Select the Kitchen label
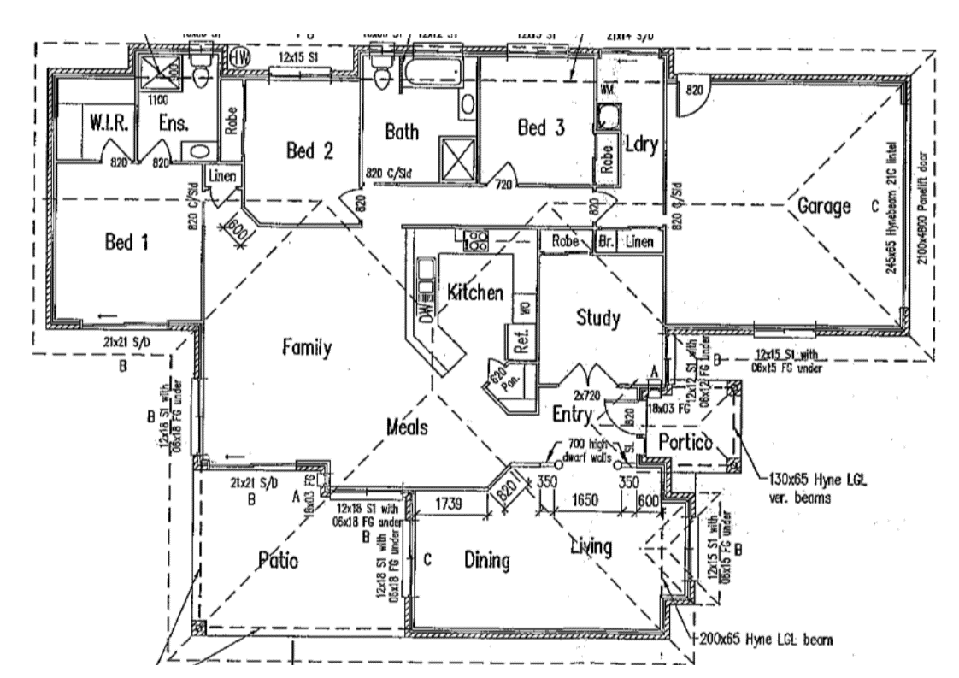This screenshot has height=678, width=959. [x=475, y=292]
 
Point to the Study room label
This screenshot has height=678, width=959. [x=598, y=318]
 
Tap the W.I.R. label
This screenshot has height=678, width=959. [x=109, y=124]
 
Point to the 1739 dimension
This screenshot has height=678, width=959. [x=449, y=504]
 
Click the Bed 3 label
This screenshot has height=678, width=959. [x=541, y=129]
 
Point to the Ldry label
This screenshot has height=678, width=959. [x=640, y=144]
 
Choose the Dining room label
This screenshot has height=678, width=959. [x=486, y=561]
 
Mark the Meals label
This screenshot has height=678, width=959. [x=406, y=427]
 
